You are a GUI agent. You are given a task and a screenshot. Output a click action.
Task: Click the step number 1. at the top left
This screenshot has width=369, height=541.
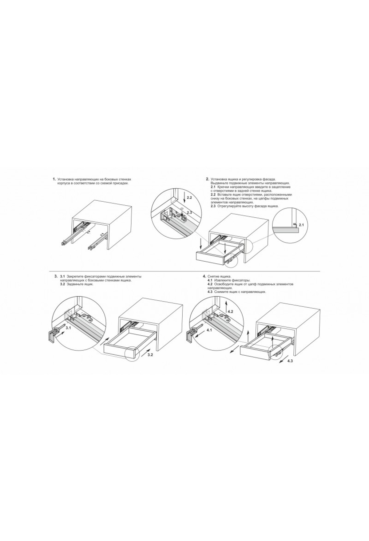pyautogui.click(x=54, y=179)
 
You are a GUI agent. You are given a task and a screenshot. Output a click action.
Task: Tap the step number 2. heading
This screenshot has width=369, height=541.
pyautogui.click(x=208, y=179)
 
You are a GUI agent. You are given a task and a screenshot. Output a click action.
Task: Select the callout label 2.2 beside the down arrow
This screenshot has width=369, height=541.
pyautogui.click(x=189, y=198)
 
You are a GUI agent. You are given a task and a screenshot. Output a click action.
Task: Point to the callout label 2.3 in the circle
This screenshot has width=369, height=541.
pyautogui.click(x=189, y=213)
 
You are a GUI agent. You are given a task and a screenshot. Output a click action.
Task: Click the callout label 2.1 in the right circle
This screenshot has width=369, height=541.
pyautogui.click(x=301, y=225)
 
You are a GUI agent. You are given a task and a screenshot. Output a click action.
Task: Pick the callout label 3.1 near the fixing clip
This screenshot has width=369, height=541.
pyautogui.click(x=68, y=328)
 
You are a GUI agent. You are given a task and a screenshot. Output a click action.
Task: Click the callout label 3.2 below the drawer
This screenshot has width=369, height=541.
pyautogui.click(x=150, y=355)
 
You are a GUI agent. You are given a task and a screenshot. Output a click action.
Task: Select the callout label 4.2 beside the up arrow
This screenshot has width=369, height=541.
pyautogui.click(x=231, y=312)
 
